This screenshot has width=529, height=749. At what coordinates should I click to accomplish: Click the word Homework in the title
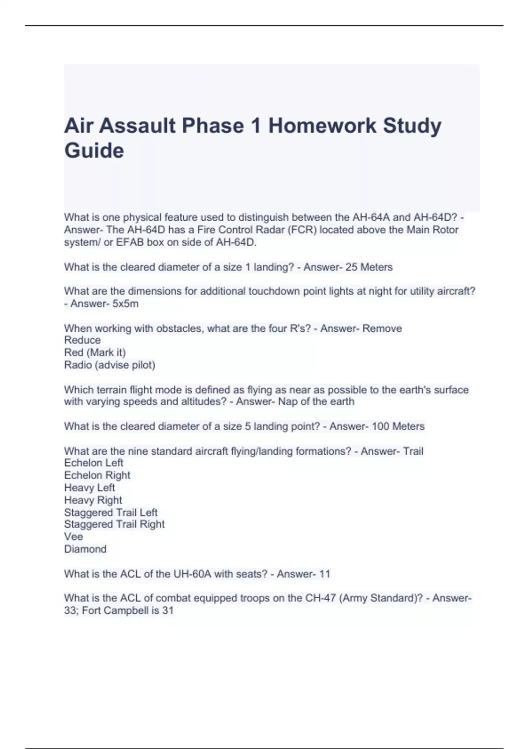(322, 126)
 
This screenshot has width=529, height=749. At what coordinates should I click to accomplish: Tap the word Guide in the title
(94, 150)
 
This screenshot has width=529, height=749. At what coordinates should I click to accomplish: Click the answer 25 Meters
(369, 267)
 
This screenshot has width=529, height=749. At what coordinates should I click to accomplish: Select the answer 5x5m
(125, 304)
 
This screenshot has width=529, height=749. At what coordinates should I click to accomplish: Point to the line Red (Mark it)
(95, 352)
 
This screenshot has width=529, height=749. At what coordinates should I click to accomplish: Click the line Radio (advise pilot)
(109, 365)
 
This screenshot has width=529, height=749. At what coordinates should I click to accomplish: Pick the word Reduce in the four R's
(82, 340)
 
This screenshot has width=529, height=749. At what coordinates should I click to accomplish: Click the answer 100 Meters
(398, 426)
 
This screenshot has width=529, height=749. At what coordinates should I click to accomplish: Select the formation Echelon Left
(93, 463)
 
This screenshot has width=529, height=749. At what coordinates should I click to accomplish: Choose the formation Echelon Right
(97, 475)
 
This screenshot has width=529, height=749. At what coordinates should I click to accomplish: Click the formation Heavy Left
(89, 488)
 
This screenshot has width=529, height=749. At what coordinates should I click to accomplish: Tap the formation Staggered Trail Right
(114, 524)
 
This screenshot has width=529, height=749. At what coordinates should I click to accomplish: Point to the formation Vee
(74, 537)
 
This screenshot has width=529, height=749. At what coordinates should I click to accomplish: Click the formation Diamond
(85, 549)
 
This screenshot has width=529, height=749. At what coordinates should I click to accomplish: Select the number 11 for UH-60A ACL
(324, 574)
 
